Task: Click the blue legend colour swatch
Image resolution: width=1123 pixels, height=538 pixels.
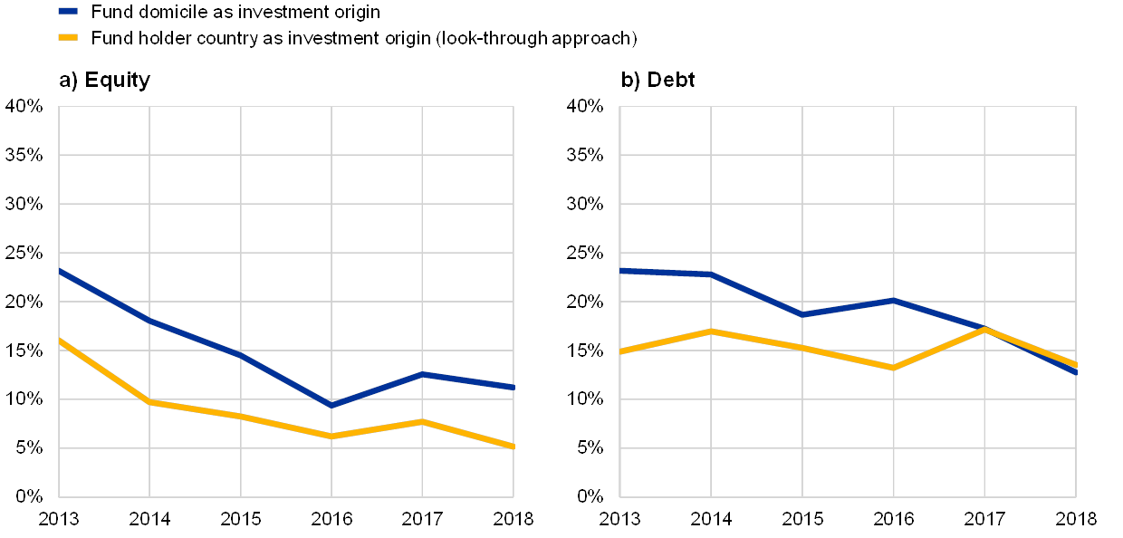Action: [68, 12]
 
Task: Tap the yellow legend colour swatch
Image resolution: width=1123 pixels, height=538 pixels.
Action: [68, 38]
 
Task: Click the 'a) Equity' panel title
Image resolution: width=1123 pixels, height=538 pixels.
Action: [104, 81]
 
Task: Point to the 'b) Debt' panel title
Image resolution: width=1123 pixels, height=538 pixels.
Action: [659, 81]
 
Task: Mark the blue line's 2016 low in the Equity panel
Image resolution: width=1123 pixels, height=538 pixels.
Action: [331, 405]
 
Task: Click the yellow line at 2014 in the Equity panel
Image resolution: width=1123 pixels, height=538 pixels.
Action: [149, 401]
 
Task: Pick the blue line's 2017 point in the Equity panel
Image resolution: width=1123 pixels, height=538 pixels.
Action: [423, 374]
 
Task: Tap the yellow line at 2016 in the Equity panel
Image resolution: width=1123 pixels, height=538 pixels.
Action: [331, 436]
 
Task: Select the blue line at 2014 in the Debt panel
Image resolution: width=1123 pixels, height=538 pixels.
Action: [711, 274]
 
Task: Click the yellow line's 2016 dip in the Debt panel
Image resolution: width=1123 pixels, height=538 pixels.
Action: [894, 368]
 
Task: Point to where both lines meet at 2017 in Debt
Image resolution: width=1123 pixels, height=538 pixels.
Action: [984, 329]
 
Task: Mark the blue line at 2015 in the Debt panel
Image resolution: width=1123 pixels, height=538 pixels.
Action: [802, 314]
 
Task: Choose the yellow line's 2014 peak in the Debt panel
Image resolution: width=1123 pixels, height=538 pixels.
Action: [711, 331]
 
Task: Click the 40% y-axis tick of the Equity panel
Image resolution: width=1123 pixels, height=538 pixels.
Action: [24, 106]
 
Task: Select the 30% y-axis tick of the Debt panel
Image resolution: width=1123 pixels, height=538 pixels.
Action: [586, 204]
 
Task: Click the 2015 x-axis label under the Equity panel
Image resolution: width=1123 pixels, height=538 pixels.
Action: [241, 519]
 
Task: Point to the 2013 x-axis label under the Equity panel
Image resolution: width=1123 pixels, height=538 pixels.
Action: [58, 519]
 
